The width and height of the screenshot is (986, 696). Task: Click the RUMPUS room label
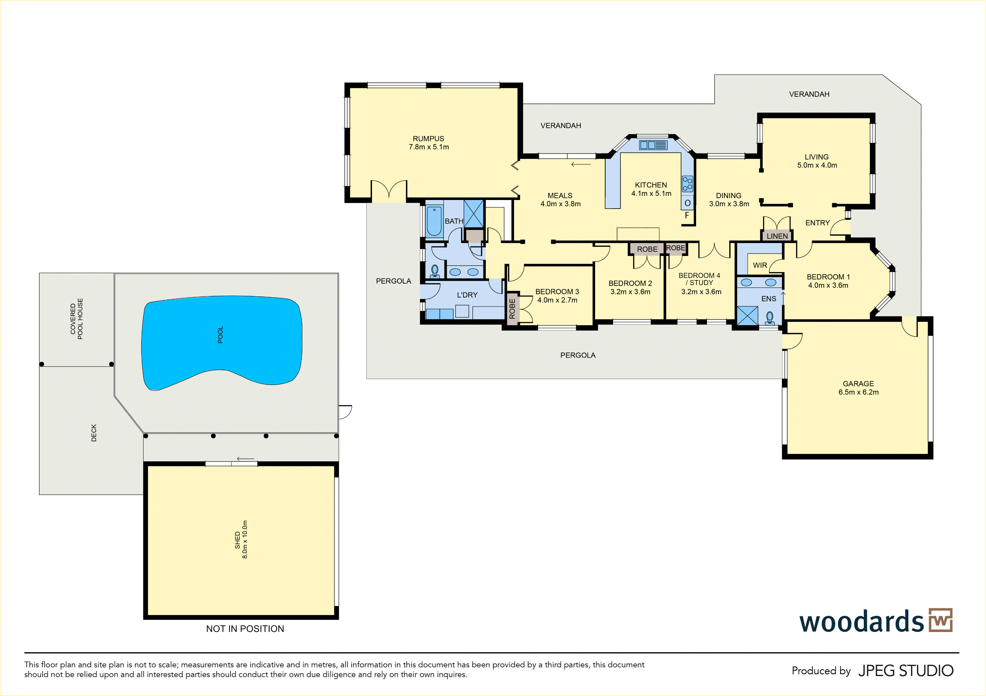[x=428, y=139]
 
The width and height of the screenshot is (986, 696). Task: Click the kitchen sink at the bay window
[x=653, y=145]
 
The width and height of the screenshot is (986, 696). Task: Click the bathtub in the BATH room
[x=434, y=221]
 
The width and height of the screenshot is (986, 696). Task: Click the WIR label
[x=760, y=265]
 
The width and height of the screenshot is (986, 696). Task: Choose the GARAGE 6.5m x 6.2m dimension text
[x=859, y=392]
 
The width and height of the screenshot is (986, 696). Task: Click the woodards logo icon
[x=940, y=620]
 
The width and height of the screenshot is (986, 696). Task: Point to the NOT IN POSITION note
[x=245, y=629]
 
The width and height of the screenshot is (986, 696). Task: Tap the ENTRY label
[x=818, y=223]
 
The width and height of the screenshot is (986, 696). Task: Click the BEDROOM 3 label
[x=557, y=292]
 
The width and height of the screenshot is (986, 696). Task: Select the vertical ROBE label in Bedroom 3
[x=512, y=309]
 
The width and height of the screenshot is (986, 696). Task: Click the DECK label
[x=94, y=433]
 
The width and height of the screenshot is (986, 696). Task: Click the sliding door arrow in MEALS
[x=581, y=164]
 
